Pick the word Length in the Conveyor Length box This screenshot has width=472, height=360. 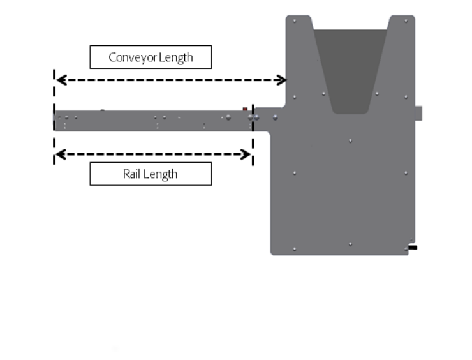(176, 57)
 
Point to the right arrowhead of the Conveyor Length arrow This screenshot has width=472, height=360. (282, 80)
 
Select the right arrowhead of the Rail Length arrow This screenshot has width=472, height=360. (246, 154)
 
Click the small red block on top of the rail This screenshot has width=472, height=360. (245, 109)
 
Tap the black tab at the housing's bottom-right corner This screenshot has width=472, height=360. (413, 248)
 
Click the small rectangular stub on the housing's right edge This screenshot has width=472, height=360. (418, 113)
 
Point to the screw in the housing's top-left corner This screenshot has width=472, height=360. (295, 21)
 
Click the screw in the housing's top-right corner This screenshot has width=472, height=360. (406, 21)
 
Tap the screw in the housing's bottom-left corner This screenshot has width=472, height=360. (295, 249)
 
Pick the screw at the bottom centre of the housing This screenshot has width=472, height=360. (350, 244)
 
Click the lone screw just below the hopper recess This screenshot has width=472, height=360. (350, 140)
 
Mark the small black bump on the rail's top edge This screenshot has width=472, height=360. (102, 110)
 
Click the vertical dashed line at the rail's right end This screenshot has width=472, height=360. (253, 135)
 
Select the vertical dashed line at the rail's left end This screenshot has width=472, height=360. (54, 117)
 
